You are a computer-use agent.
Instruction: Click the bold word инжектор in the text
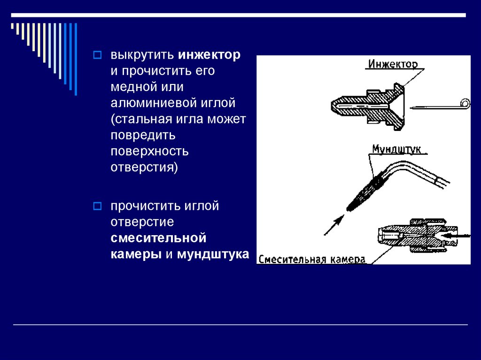(209, 55)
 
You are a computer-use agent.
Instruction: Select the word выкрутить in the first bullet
(143, 55)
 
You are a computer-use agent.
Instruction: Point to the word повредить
(143, 136)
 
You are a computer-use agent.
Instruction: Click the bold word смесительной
(159, 238)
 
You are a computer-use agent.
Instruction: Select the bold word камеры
(136, 254)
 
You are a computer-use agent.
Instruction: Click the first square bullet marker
(97, 55)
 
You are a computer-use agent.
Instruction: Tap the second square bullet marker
(97, 206)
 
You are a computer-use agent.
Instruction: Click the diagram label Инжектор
(393, 64)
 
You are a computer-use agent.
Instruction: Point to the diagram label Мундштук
(399, 150)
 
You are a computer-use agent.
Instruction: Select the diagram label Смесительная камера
(312, 259)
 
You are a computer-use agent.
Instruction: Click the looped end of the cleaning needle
(465, 103)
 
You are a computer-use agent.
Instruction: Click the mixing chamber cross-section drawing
(409, 236)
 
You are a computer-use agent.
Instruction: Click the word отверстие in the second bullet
(142, 222)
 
